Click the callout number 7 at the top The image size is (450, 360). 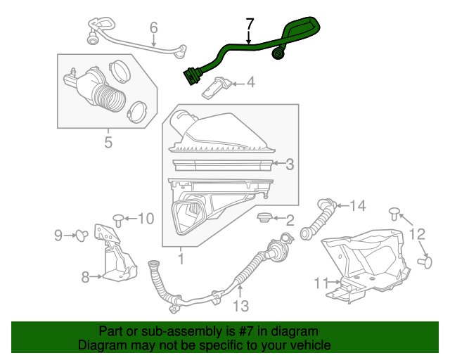pos(248,23)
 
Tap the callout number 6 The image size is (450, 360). pos(153,28)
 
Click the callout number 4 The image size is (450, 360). pos(250,84)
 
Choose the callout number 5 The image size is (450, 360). pos(108,143)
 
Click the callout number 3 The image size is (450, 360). pos(289,165)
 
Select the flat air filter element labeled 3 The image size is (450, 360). pos(221,165)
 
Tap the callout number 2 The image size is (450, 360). pos(289,220)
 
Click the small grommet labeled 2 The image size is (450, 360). pos(265,218)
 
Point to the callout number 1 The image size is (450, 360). pos(181,259)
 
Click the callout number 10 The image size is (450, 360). pos(146,219)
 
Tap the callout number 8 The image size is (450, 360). pos(86,277)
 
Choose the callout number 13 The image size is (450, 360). pos(241,306)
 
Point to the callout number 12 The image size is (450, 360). pos(417,234)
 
